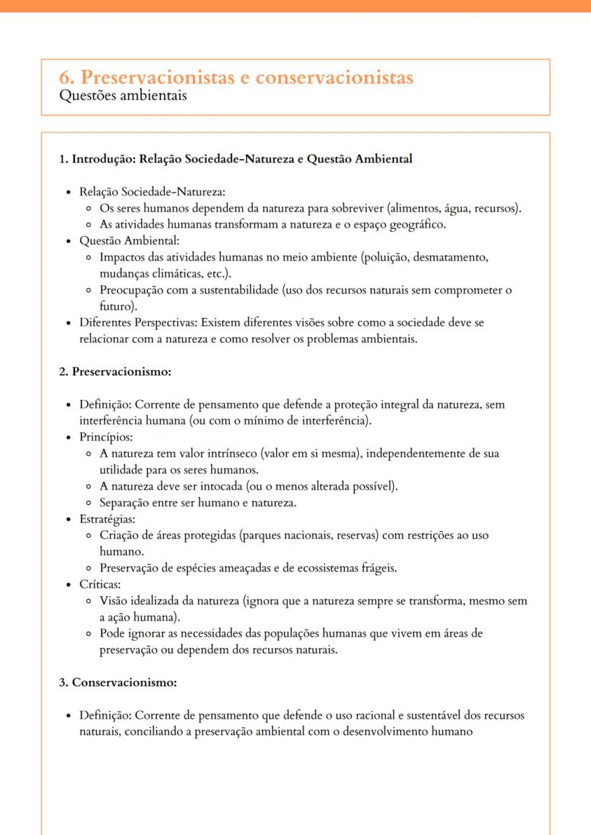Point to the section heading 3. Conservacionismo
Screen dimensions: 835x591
[117, 682]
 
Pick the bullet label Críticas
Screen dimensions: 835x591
[100, 585]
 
